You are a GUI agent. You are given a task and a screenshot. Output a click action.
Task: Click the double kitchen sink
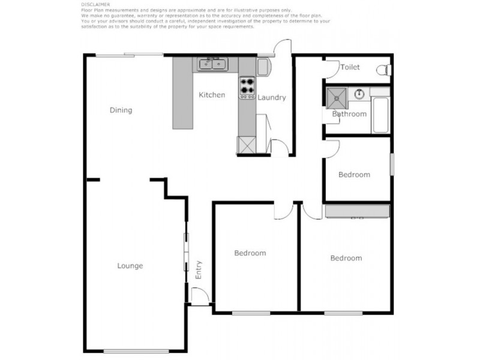click(210, 63)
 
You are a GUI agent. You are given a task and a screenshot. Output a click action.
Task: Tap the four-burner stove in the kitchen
click(247, 88)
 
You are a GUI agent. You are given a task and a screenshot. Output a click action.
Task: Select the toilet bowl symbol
click(387, 70)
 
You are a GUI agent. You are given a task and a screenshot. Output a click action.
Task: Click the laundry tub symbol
click(263, 66)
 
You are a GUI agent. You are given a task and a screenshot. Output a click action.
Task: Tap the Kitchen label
click(212, 95)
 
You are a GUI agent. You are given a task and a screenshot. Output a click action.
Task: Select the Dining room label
click(121, 110)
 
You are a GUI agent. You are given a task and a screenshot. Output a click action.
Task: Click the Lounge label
click(130, 266)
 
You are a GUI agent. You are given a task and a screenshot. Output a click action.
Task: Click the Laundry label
click(272, 98)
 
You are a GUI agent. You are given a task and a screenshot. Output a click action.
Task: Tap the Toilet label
click(350, 67)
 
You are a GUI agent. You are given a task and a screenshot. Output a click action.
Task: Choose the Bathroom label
click(349, 114)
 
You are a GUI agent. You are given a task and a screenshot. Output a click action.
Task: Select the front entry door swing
click(200, 296)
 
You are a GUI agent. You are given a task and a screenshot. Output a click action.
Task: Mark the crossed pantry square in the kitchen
click(247, 145)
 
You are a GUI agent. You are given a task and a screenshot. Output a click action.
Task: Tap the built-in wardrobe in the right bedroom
click(358, 211)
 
